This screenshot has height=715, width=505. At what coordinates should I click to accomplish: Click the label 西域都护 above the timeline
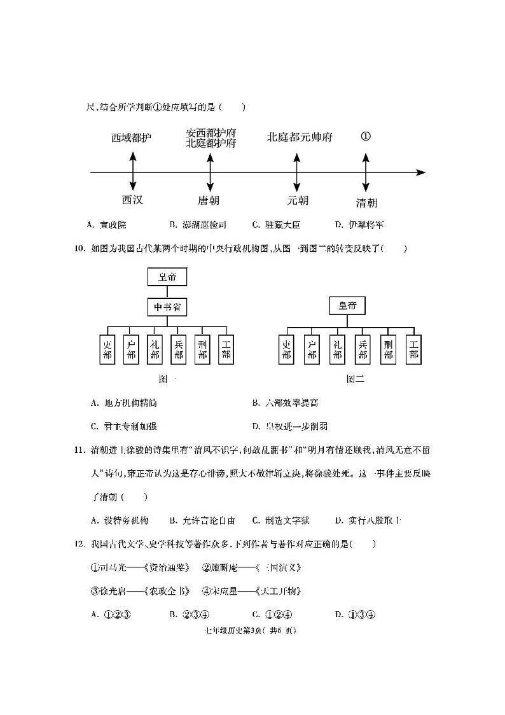click(132, 137)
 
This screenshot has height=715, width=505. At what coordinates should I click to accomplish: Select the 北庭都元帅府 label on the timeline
click(300, 137)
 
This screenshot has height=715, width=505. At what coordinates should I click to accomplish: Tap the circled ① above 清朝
click(366, 137)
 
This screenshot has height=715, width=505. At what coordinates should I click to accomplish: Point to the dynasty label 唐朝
click(209, 200)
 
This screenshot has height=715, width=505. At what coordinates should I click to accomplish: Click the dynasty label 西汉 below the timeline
click(132, 200)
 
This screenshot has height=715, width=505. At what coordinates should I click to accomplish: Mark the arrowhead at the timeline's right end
click(420, 172)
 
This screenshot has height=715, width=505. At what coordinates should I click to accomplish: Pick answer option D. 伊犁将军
click(359, 225)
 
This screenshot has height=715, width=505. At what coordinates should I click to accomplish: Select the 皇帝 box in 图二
click(348, 306)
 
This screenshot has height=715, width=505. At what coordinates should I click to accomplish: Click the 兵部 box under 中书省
click(178, 350)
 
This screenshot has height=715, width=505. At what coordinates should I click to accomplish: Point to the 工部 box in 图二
click(413, 350)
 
